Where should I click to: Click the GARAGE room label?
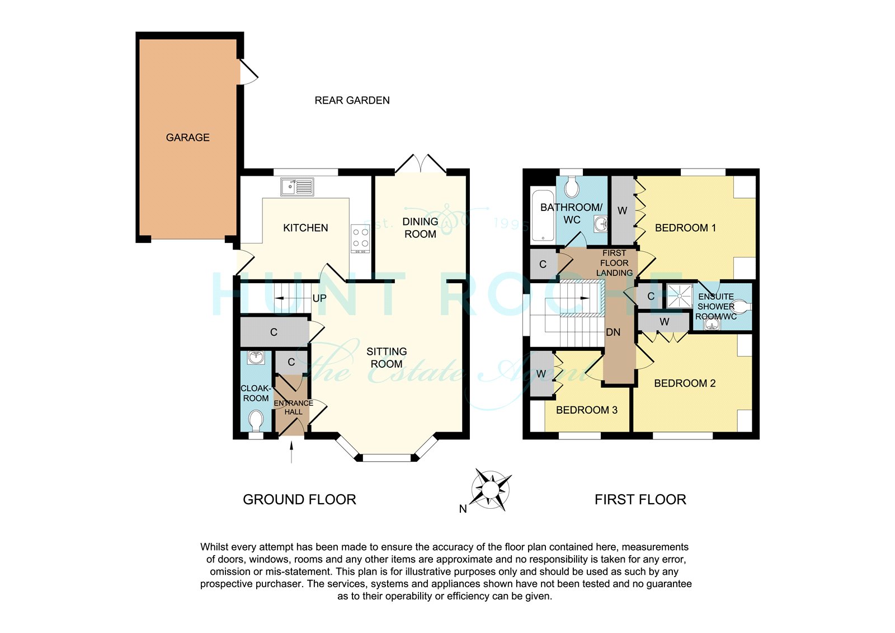187,138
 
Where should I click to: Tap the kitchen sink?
297,187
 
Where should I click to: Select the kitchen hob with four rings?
360,239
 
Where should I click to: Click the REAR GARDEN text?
352,100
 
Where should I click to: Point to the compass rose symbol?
491,490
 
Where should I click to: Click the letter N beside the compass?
463,509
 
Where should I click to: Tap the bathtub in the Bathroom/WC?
543,217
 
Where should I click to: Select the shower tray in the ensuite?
679,296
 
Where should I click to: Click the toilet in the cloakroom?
256,421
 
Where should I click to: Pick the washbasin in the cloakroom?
256,358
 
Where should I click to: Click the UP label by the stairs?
319,298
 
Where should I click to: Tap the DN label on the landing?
613,332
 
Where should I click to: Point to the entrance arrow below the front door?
291,452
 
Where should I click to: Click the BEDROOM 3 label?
587,410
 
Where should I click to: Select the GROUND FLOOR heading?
299,499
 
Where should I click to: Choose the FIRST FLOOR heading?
640,499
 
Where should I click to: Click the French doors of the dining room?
420,163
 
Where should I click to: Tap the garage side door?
248,72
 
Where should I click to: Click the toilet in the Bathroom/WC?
572,187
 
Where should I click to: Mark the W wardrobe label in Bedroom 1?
622,210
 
